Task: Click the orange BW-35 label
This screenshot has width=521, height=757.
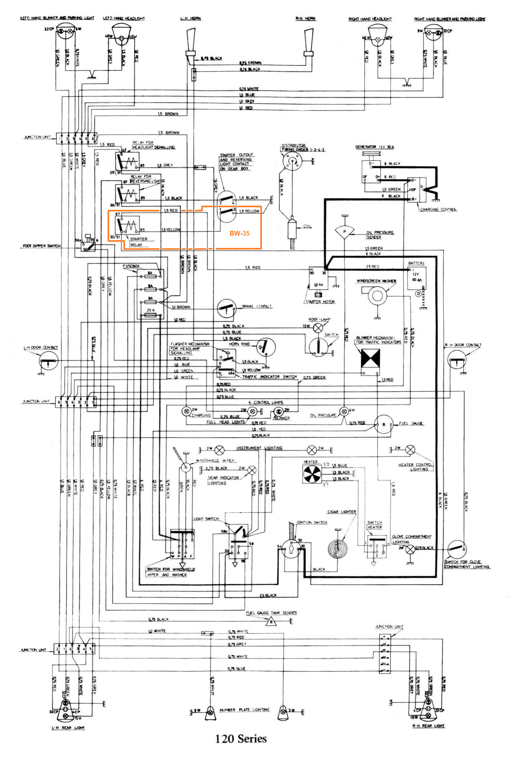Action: click(239, 233)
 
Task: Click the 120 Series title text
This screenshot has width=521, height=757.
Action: click(241, 739)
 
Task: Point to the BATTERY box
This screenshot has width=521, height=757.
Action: click(416, 277)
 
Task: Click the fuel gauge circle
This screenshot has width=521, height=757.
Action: click(384, 425)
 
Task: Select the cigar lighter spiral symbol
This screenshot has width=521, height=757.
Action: click(337, 548)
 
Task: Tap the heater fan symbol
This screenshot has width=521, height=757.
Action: click(312, 475)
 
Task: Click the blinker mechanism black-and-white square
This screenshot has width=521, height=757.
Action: click(370, 358)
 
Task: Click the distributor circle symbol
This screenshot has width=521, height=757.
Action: click(292, 160)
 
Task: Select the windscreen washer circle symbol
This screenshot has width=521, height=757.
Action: click(377, 296)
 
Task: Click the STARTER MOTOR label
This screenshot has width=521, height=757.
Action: click(320, 302)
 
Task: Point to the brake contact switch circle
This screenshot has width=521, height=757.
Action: click(226, 308)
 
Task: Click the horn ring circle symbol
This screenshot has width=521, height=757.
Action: click(266, 347)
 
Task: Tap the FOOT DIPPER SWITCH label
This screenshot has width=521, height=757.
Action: click(41, 246)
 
